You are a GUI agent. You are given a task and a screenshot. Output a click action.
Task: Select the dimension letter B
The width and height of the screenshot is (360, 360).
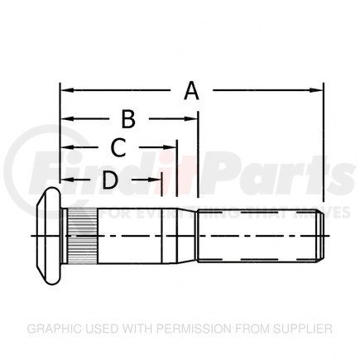coord(128,119)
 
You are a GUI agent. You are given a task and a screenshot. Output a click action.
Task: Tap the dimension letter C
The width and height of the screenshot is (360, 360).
coord(118,148)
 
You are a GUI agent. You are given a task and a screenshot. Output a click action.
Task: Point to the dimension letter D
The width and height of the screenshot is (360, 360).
coord(109,177)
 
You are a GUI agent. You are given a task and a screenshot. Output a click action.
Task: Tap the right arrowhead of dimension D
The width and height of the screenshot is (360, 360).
coord(155,177)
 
